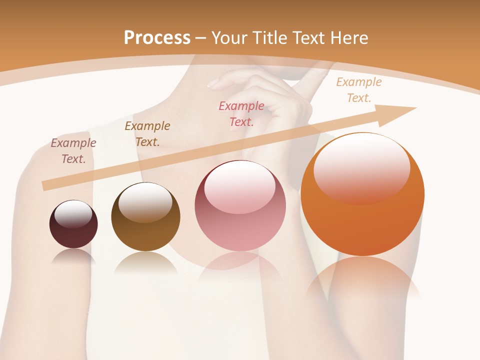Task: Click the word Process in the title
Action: [x=157, y=38]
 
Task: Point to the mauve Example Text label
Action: [x=73, y=151]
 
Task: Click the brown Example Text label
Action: [x=147, y=134]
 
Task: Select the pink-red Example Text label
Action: [x=241, y=114]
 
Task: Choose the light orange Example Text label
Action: [x=359, y=90]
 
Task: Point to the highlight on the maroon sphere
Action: [x=73, y=213]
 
